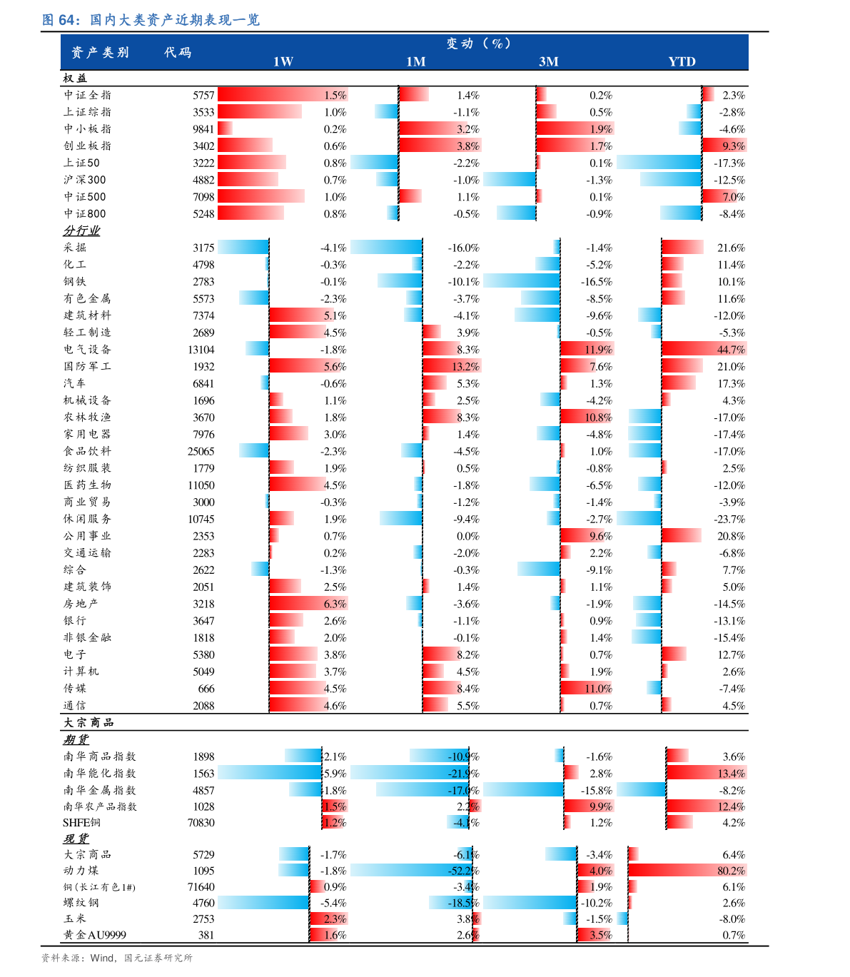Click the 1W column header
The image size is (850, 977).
click(283, 61)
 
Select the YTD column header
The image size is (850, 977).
click(682, 61)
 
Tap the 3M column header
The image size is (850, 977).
click(548, 61)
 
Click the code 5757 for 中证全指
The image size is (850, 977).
click(203, 95)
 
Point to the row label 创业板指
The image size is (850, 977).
click(87, 146)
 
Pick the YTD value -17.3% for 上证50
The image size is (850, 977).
click(729, 163)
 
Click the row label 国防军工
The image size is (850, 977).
click(87, 366)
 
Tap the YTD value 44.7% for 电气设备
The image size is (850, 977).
click(731, 350)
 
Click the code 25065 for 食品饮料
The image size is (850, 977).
click(201, 451)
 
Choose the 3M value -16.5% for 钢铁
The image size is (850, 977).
click(596, 282)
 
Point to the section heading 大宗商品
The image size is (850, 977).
click(88, 722)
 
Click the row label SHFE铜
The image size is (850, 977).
click(81, 822)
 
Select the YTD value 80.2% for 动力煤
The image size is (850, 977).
click(731, 871)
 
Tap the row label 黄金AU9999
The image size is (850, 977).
click(94, 934)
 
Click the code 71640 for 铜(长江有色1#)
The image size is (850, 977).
click(201, 887)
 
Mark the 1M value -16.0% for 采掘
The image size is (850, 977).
click(463, 248)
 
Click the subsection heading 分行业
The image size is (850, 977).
click(81, 231)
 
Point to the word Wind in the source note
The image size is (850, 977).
click(102, 958)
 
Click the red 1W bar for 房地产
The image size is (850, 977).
click(308, 604)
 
